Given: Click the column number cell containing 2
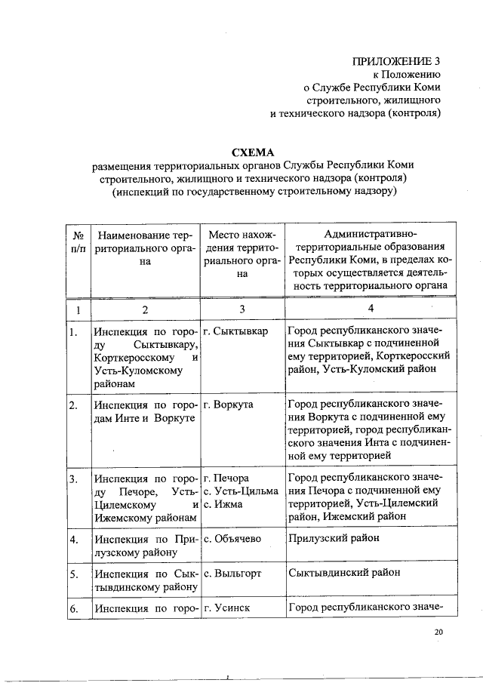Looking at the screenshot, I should (145, 309).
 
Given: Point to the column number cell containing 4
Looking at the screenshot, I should (370, 309).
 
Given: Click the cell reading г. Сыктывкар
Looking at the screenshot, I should (235, 332).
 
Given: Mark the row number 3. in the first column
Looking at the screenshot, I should (73, 478).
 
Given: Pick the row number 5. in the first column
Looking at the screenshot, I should (73, 574).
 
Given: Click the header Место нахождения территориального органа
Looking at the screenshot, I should (242, 254).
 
